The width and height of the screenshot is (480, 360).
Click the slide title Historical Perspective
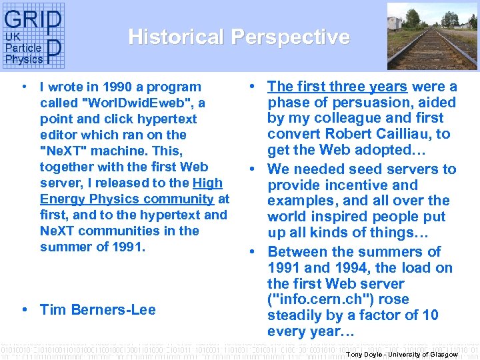point(239,37)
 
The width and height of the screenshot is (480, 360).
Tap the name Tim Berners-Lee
point(97,309)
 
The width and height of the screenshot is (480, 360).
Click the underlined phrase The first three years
point(337,87)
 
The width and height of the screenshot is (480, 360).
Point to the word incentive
point(343,185)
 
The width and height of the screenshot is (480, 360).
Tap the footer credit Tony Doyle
point(364,355)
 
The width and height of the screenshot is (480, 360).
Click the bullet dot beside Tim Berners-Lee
point(24,309)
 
